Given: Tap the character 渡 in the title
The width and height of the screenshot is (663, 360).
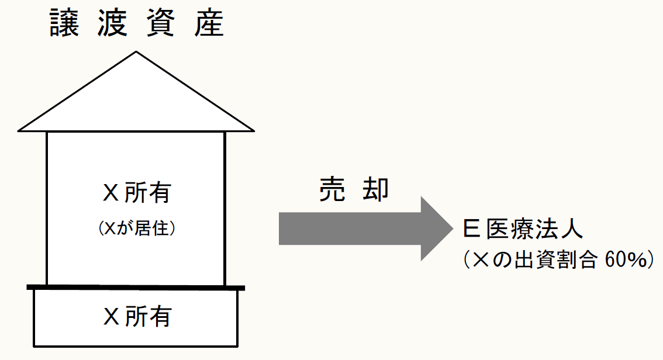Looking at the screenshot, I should tap(110, 23).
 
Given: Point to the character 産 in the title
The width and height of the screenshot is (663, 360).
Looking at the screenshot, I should tap(208, 23).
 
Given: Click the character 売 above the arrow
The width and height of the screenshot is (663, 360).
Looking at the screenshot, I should tap(332, 188).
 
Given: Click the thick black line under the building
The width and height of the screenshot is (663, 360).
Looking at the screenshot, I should tap(136, 287).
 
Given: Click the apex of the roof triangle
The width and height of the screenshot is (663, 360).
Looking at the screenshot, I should tap(136, 53).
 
